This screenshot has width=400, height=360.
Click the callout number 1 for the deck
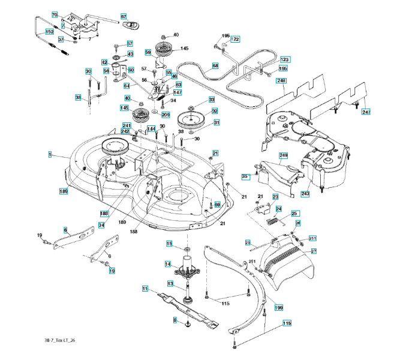pyautogui.click(x=50, y=154)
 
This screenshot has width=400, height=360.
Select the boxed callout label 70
pyautogui.click(x=53, y=14)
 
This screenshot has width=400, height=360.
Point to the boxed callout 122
pyautogui.click(x=235, y=39)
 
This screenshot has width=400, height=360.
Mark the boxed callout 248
pyautogui.click(x=281, y=80)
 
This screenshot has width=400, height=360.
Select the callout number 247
pyautogui.click(x=366, y=112)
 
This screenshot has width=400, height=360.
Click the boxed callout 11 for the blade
pyautogui.click(x=145, y=289)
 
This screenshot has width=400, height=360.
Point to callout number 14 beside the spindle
pyautogui.click(x=169, y=263)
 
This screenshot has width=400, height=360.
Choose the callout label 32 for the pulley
pyautogui.click(x=214, y=111)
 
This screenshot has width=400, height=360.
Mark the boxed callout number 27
pyautogui.click(x=313, y=251)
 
